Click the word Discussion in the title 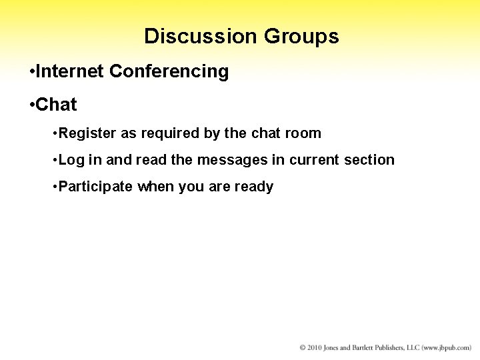pyautogui.click(x=201, y=36)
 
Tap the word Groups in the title pyautogui.click(x=301, y=36)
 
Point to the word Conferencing pyautogui.click(x=169, y=71)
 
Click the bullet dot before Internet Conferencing pyautogui.click(x=32, y=72)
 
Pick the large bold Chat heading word pyautogui.click(x=56, y=105)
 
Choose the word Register pyautogui.click(x=87, y=133)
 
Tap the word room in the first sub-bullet pyautogui.click(x=304, y=133)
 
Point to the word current pyautogui.click(x=315, y=160)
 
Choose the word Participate pyautogui.click(x=95, y=187)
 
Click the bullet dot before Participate pyautogui.click(x=53, y=187)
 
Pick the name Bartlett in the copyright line pyautogui.click(x=365, y=348)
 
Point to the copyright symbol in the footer pyautogui.click(x=303, y=348)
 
